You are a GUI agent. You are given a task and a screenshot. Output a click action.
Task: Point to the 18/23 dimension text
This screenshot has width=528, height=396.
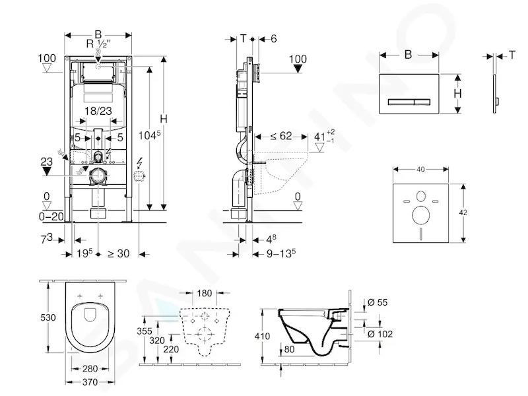[x=98, y=111]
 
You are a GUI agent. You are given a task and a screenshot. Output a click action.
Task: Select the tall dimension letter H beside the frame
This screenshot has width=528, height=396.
[x=164, y=119]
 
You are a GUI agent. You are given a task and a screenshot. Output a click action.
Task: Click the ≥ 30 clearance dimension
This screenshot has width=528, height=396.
[x=119, y=253]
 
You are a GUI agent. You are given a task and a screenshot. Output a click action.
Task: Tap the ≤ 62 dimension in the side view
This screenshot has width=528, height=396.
[x=281, y=136]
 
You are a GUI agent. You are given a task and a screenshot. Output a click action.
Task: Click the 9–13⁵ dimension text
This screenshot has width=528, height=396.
[x=281, y=253]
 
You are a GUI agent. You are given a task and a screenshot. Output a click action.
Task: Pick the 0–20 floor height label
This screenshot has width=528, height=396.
[x=51, y=216]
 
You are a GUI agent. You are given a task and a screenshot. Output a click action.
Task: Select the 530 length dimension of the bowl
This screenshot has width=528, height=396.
[x=48, y=317]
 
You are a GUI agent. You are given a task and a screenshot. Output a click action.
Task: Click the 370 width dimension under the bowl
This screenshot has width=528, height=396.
[x=90, y=382]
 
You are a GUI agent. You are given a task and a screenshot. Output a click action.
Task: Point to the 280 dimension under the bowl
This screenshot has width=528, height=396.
[x=90, y=368]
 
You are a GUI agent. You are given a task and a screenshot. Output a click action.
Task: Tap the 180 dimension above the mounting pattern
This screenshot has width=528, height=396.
[x=205, y=293]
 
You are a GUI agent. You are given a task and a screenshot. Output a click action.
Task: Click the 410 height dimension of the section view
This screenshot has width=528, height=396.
[x=262, y=336]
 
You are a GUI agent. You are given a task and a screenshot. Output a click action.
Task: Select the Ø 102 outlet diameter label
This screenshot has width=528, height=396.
[x=380, y=334]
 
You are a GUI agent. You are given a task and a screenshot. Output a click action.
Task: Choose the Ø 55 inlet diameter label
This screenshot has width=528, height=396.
[x=378, y=302]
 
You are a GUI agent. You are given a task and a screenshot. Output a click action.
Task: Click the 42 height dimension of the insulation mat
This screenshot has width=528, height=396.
[x=463, y=213]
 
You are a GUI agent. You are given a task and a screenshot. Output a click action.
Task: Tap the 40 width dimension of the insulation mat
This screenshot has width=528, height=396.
[x=420, y=170]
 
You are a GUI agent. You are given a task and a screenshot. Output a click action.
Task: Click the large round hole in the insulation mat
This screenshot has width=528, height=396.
[x=421, y=215]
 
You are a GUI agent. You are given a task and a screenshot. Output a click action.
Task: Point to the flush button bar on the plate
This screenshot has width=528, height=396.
[x=409, y=102]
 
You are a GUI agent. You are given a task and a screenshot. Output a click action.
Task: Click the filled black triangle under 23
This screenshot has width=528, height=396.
[x=46, y=171]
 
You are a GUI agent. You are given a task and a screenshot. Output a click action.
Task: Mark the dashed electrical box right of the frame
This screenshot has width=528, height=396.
[x=139, y=176]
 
